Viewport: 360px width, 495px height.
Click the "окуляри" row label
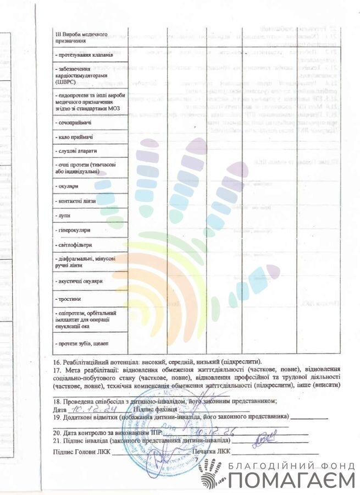(x=69, y=187)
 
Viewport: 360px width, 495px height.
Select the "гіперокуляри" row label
(x=75, y=230)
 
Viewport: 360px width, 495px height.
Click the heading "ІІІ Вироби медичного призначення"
(x=84, y=37)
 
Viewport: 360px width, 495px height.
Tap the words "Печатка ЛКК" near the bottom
(x=212, y=452)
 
